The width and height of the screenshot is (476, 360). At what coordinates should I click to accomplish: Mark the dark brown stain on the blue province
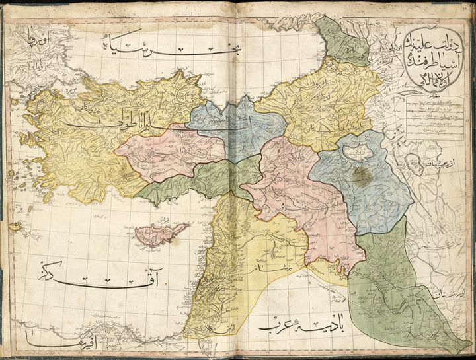click(362, 175)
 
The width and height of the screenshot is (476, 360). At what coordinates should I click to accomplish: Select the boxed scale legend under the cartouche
click(429, 119)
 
